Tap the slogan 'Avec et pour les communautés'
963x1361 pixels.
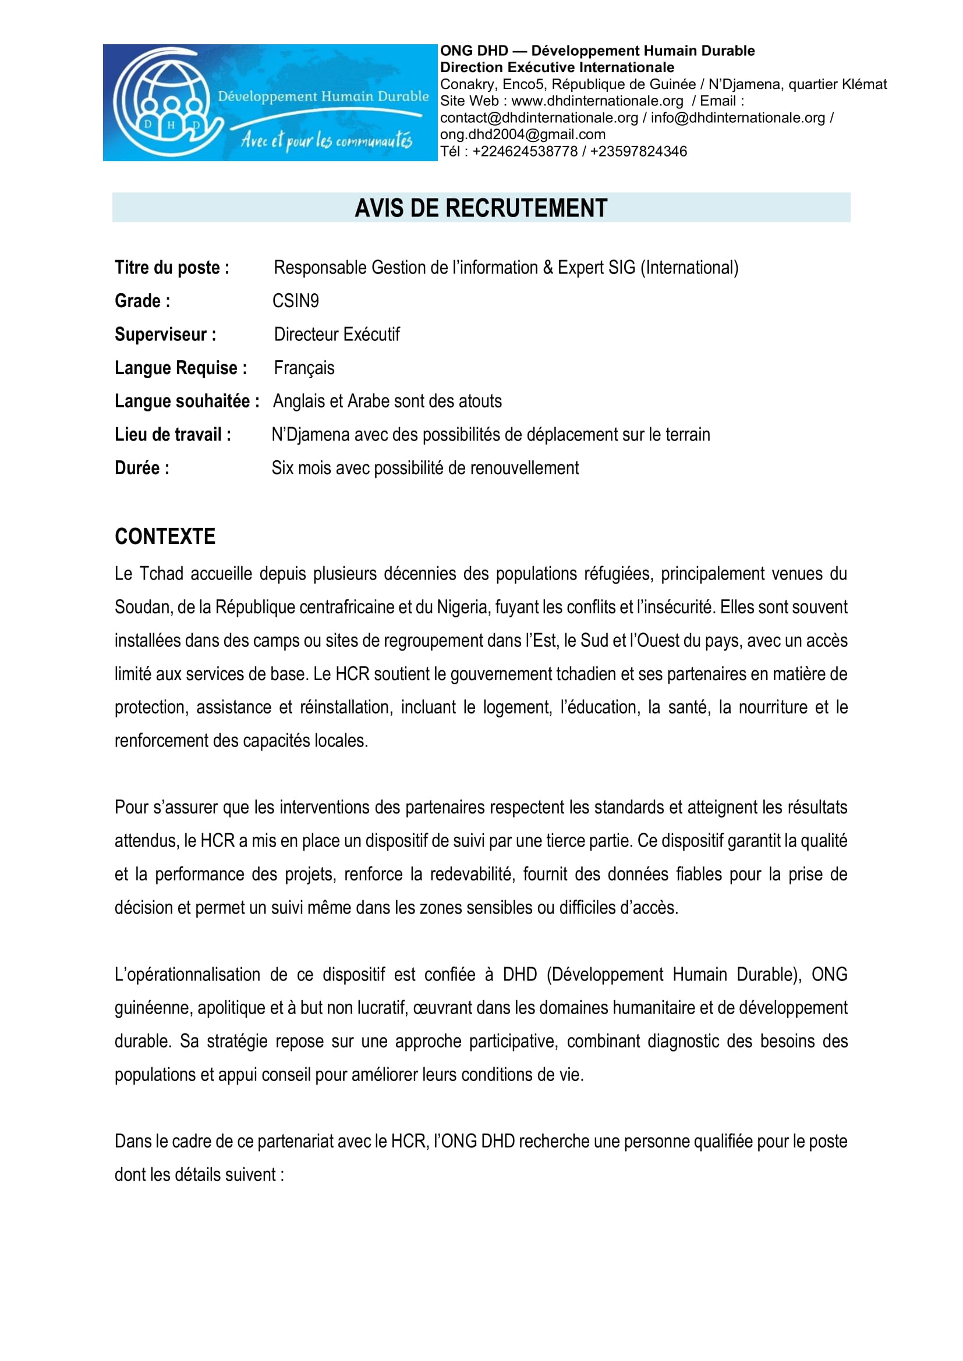[326, 140]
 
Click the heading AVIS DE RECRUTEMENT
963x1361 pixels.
[481, 208]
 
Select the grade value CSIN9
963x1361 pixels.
[295, 301]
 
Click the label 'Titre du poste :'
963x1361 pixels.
[172, 268]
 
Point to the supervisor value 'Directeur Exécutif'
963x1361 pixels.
[337, 335]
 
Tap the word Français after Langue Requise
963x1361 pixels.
[304, 368]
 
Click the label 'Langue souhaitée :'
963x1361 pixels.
[187, 401]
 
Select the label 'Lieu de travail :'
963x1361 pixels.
[172, 435]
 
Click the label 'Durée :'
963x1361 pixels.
[142, 468]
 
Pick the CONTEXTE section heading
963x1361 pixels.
[165, 536]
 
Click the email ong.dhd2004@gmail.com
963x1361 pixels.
[522, 134]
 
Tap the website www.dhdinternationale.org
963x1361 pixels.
[597, 101]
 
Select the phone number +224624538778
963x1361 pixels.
[525, 152]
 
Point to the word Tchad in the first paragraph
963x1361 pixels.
[161, 574]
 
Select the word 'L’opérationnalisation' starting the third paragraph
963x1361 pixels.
[187, 975]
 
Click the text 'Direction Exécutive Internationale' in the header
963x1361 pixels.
[557, 67]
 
